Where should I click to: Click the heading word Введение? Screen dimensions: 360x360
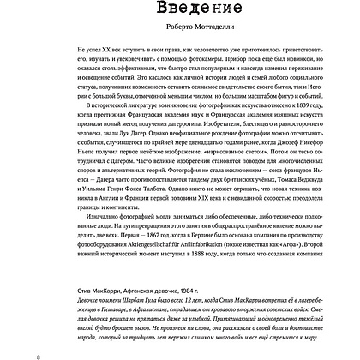[179, 10]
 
